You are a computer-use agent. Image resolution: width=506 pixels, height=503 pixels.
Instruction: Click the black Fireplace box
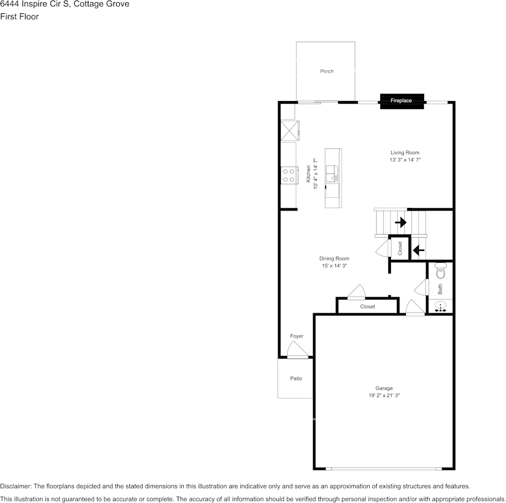coord(402,100)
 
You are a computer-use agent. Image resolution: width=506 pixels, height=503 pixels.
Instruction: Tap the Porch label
coord(327,71)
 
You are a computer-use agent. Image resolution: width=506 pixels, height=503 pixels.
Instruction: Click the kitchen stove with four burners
coord(289,175)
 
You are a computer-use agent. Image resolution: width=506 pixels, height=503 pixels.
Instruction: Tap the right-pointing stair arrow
coord(401,222)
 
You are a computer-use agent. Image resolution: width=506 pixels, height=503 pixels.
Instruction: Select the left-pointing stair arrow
coord(419,249)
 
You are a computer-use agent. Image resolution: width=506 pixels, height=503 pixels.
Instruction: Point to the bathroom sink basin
coord(440,306)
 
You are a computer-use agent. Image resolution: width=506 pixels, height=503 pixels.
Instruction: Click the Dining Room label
coord(334,258)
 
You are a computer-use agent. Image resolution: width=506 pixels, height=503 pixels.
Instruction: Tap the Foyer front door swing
coord(296,350)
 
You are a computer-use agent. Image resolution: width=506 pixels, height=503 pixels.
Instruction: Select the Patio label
coord(296,378)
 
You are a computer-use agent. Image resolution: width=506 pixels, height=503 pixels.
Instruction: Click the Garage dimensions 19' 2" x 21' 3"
coord(383,396)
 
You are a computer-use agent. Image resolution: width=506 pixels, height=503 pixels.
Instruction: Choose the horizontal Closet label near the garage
coord(368,307)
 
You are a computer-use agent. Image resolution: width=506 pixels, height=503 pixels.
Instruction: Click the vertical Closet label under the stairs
coord(400,248)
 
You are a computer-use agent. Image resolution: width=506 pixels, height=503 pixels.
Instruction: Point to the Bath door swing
coord(422,288)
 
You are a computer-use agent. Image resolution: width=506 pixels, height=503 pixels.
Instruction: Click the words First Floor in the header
coord(19,16)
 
